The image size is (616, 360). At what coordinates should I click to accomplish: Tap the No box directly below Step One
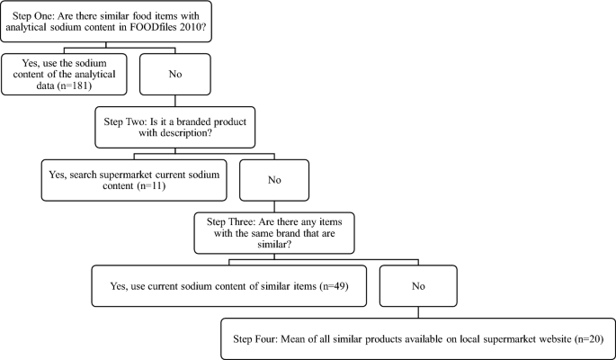point(175,73)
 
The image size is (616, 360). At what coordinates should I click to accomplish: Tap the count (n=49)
point(330,285)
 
